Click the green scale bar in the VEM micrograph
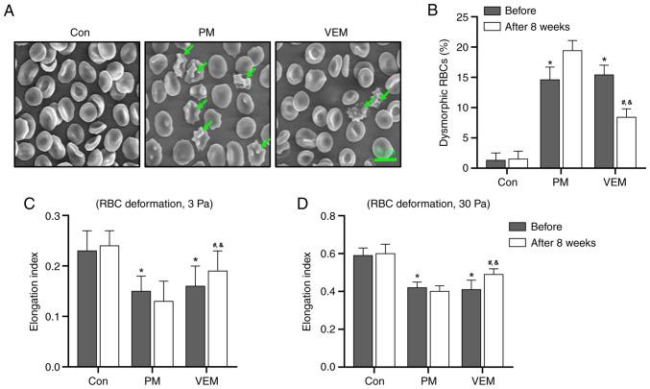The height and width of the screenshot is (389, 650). (383, 160)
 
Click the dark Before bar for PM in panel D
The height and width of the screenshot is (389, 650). (416, 327)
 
